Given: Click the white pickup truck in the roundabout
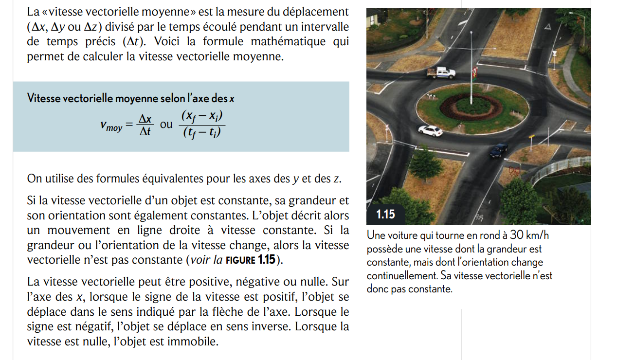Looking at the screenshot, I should click(441, 73).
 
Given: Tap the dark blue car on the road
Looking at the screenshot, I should click(498, 150).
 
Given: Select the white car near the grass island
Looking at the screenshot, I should click(431, 130).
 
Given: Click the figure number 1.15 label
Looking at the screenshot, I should click(385, 214).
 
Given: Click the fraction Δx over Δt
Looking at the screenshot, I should click(145, 125).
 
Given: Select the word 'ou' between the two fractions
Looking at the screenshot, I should click(166, 124).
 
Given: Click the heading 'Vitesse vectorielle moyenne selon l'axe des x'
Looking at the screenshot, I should click(131, 98).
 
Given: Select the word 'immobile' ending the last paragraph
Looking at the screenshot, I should click(192, 342).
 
